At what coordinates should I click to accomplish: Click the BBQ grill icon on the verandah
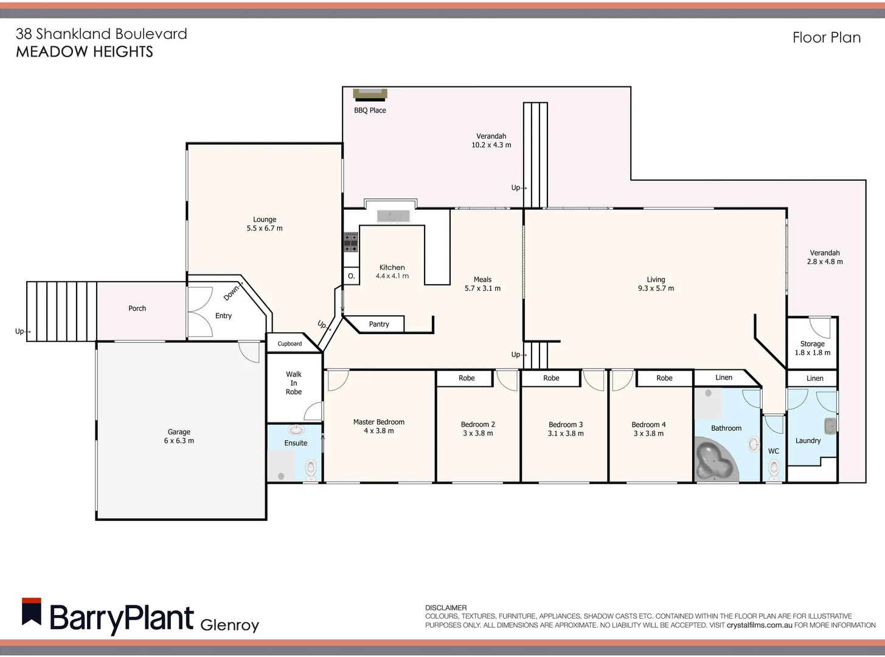click(370, 93)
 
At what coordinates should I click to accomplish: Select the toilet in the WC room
click(774, 467)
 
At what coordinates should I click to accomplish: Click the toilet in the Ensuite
click(311, 468)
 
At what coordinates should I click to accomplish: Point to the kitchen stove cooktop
click(351, 242)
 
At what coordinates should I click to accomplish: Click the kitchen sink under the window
click(394, 215)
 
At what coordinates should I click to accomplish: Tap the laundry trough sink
click(830, 425)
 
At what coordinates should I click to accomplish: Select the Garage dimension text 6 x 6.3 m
click(179, 441)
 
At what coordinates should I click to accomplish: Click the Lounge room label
click(265, 220)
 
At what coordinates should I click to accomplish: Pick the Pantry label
click(379, 324)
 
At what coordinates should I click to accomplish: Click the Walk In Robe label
click(294, 383)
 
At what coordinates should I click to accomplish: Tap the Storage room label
click(812, 344)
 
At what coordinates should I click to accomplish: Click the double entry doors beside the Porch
click(199, 311)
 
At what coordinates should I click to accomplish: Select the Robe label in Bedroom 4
click(664, 378)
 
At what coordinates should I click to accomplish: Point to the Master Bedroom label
click(378, 422)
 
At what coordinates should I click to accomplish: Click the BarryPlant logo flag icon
click(32, 611)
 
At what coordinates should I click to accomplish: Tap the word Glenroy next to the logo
click(229, 625)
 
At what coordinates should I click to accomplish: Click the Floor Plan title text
click(826, 38)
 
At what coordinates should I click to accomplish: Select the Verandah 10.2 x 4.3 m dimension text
click(491, 145)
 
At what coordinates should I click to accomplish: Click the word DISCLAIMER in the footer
click(446, 608)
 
